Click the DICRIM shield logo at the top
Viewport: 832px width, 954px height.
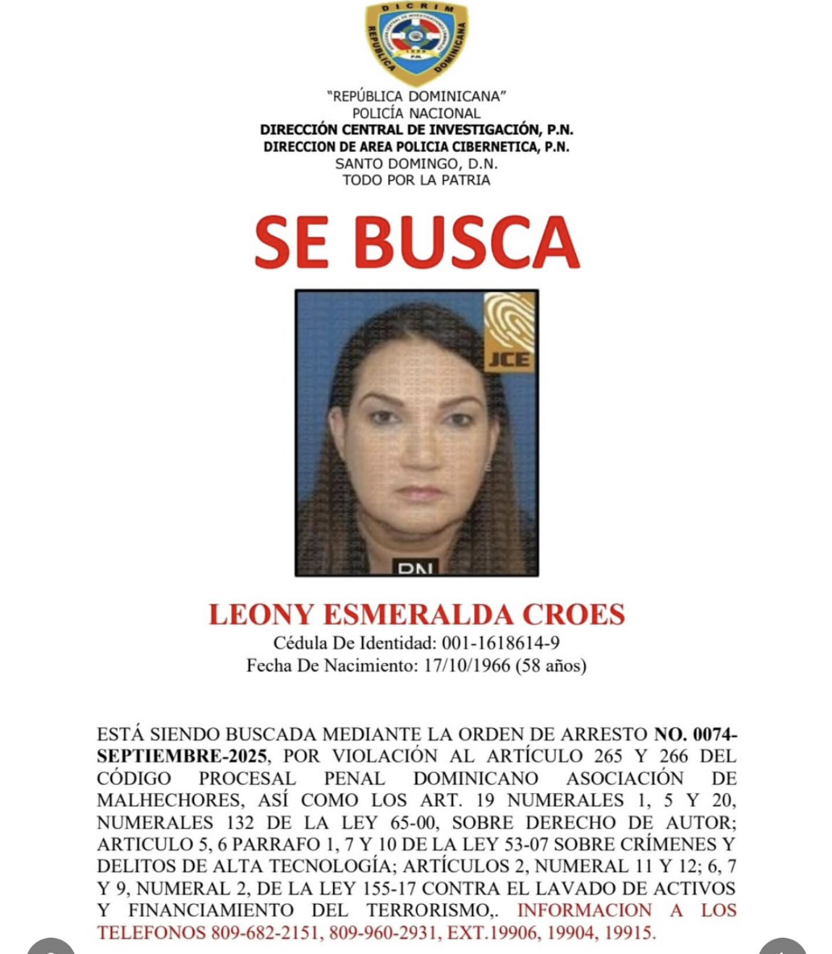(x=416, y=43)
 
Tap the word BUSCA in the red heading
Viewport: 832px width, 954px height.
(x=467, y=242)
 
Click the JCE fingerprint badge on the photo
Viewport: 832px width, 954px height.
(x=509, y=332)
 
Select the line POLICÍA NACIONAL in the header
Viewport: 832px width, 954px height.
(x=416, y=113)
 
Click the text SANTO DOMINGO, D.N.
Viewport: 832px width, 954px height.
(x=416, y=163)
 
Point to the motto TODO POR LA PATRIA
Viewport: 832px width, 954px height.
(x=416, y=179)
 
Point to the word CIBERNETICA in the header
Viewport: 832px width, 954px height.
(x=494, y=146)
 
